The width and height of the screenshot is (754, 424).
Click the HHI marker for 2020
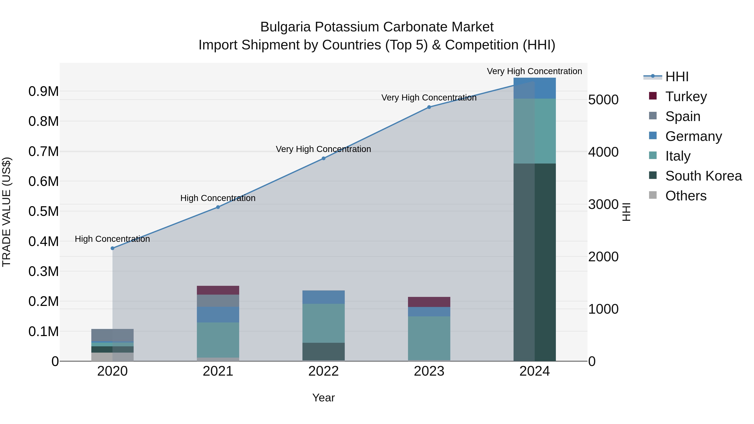(112, 248)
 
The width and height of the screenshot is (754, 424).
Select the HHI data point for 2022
(323, 158)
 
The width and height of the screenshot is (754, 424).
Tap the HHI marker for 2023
(429, 107)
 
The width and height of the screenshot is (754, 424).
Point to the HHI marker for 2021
(218, 207)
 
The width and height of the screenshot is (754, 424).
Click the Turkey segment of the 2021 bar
(218, 290)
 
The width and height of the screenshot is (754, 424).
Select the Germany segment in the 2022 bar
(323, 297)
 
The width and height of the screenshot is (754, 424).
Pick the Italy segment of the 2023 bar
(429, 338)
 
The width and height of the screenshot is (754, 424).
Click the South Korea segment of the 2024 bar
(535, 262)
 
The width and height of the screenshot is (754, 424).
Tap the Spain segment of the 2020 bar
(112, 335)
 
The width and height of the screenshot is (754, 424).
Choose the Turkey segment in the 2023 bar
(429, 302)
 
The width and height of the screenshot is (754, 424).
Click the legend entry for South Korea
(703, 176)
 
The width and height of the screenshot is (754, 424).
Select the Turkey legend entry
(686, 97)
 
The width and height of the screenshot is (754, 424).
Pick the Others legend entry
(686, 196)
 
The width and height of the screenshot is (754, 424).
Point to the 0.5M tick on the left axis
(44, 211)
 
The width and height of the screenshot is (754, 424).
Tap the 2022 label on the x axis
(323, 371)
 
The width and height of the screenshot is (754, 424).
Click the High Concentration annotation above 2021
(218, 198)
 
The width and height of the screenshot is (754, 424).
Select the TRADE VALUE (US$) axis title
(6, 212)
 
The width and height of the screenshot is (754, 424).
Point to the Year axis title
(323, 398)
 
